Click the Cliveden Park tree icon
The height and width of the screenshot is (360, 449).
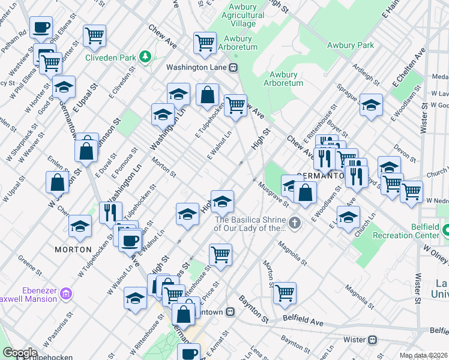point(145,57)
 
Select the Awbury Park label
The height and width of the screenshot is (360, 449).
point(351,45)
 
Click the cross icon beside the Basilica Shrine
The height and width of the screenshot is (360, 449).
point(294,224)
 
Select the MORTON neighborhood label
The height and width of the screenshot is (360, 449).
point(73,249)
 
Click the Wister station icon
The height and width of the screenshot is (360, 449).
point(372,339)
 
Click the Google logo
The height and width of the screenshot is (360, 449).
point(20,352)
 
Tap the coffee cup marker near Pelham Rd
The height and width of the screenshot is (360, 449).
point(41,27)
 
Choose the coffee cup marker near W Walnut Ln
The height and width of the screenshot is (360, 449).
point(130,241)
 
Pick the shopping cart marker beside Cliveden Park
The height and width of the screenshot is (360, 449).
point(95,35)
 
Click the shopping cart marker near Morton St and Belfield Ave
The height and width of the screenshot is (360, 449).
point(285,293)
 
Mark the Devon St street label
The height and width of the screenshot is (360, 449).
point(405,154)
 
